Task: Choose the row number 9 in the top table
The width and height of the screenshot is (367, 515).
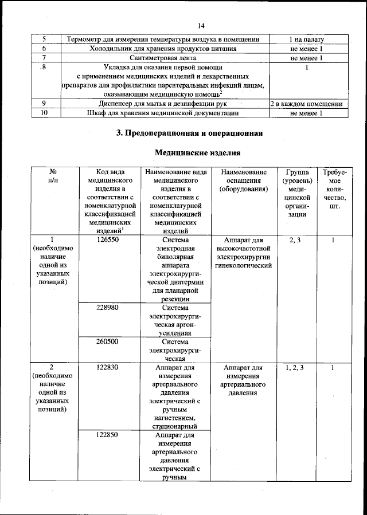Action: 44,104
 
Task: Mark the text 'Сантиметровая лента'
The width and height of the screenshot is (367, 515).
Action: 163,58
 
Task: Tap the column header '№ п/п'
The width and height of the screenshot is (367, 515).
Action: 52,176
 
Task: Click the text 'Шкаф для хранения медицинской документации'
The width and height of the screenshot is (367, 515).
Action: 163,113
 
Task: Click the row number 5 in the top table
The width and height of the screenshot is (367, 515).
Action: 44,40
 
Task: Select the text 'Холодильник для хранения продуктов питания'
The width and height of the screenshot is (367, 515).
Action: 163,49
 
